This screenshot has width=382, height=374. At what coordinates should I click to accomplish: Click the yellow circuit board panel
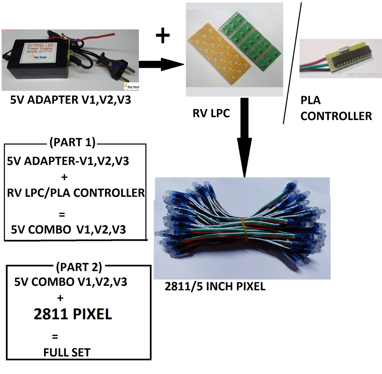tap(219, 51)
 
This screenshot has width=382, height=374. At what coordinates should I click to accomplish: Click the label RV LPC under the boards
tap(211, 113)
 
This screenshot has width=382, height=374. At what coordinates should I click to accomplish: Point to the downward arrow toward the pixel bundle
tap(244, 137)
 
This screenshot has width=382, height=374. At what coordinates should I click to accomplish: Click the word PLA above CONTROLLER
tap(310, 100)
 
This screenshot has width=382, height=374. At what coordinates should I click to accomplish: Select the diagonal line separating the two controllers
tap(292, 64)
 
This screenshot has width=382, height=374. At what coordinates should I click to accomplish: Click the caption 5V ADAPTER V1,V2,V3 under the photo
tap(71, 100)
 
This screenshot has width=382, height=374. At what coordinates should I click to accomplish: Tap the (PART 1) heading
tap(72, 142)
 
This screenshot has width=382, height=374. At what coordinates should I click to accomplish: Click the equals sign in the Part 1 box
tap(62, 215)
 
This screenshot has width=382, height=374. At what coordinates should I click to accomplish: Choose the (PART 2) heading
tap(79, 267)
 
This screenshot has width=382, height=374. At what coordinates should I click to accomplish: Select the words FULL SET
tap(67, 352)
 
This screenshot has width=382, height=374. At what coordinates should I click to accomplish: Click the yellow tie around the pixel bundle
tap(245, 229)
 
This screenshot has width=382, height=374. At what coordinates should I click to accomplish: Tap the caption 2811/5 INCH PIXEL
tap(215, 287)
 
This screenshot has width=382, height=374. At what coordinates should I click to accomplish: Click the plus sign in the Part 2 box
tap(60, 298)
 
